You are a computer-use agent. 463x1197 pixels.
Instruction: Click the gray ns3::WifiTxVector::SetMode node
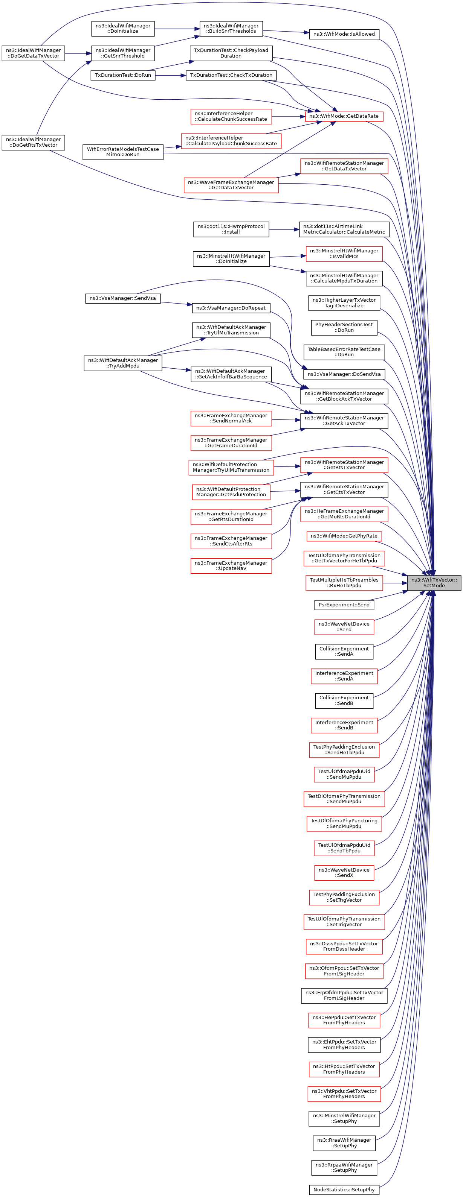[434, 583]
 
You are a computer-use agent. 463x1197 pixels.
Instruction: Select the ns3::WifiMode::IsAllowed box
[344, 34]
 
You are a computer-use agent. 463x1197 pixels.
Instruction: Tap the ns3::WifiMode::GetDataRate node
[344, 116]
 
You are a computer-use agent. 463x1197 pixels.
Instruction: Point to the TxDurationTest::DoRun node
[123, 75]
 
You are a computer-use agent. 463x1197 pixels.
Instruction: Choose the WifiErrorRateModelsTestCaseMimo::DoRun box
[123, 152]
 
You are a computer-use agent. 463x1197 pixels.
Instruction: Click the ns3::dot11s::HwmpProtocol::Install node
[231, 229]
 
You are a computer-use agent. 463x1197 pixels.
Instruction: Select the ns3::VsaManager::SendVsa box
[123, 298]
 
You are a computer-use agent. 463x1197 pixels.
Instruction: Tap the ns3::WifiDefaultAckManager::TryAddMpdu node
[123, 363]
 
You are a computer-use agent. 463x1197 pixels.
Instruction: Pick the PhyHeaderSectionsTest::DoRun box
[344, 327]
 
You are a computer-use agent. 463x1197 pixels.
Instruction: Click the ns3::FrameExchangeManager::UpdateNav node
[231, 565]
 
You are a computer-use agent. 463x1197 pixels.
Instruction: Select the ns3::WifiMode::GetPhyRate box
[344, 536]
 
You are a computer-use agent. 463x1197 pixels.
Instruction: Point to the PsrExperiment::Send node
[344, 605]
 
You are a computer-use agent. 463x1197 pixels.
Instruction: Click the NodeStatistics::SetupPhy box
[344, 1189]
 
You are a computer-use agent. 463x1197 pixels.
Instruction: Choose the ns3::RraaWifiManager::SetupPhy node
[344, 1142]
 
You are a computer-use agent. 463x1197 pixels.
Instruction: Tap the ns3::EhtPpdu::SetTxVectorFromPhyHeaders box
[344, 1045]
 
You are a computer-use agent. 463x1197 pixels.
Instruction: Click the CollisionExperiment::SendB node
[344, 700]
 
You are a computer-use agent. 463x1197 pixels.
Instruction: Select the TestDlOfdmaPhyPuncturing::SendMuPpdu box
[344, 823]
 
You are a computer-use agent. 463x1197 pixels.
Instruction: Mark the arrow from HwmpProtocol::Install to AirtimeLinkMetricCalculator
[284, 229]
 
